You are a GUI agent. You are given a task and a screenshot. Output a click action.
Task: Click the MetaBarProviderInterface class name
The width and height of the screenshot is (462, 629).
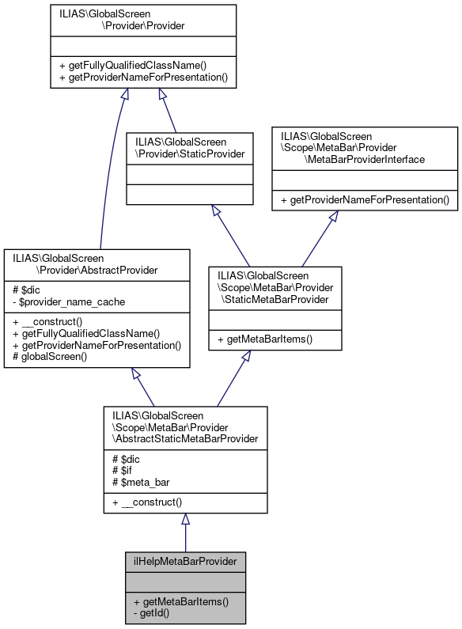tap(365, 148)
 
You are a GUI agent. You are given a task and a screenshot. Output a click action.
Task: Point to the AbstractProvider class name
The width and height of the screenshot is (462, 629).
tap(97, 263)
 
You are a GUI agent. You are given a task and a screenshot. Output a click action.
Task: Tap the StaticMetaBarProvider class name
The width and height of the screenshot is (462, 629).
tap(275, 286)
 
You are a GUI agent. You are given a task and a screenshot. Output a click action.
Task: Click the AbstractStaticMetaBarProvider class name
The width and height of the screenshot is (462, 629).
tap(185, 426)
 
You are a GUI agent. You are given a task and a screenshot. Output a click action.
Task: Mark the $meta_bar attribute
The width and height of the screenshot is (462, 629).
tap(143, 482)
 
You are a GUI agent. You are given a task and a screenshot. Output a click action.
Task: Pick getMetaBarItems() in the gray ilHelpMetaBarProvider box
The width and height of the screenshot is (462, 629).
tap(181, 601)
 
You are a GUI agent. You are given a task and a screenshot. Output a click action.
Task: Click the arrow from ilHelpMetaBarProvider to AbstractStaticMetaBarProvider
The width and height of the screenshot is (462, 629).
tap(185, 534)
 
